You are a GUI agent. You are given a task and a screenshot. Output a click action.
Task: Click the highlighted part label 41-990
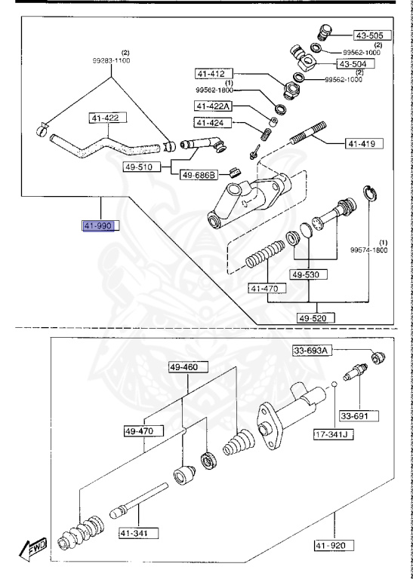pyautogui.click(x=98, y=225)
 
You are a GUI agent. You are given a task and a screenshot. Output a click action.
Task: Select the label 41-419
pyautogui.click(x=365, y=142)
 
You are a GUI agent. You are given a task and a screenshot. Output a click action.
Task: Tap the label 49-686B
pyautogui.click(x=199, y=175)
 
